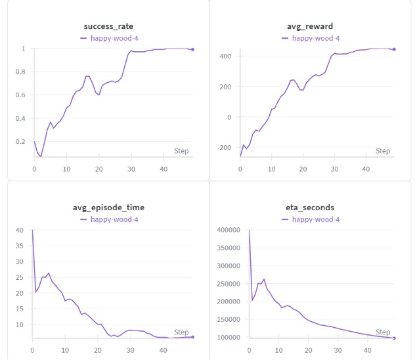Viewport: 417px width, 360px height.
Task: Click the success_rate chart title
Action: coord(108,26)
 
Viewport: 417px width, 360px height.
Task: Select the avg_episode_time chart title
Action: coord(108,207)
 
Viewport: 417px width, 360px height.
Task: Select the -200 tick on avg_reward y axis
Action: coord(225,148)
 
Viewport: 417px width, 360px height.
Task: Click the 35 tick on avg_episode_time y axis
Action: coord(20,246)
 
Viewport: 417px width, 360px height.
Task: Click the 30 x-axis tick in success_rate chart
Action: coord(131,169)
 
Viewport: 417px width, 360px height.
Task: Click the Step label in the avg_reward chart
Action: coord(382,151)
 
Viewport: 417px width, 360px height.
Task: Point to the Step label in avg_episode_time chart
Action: coord(181,332)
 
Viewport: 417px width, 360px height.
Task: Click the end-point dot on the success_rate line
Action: coord(192,49)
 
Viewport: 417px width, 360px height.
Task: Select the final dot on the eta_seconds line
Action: coord(394,338)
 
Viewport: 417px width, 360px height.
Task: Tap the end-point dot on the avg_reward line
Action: coord(394,49)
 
